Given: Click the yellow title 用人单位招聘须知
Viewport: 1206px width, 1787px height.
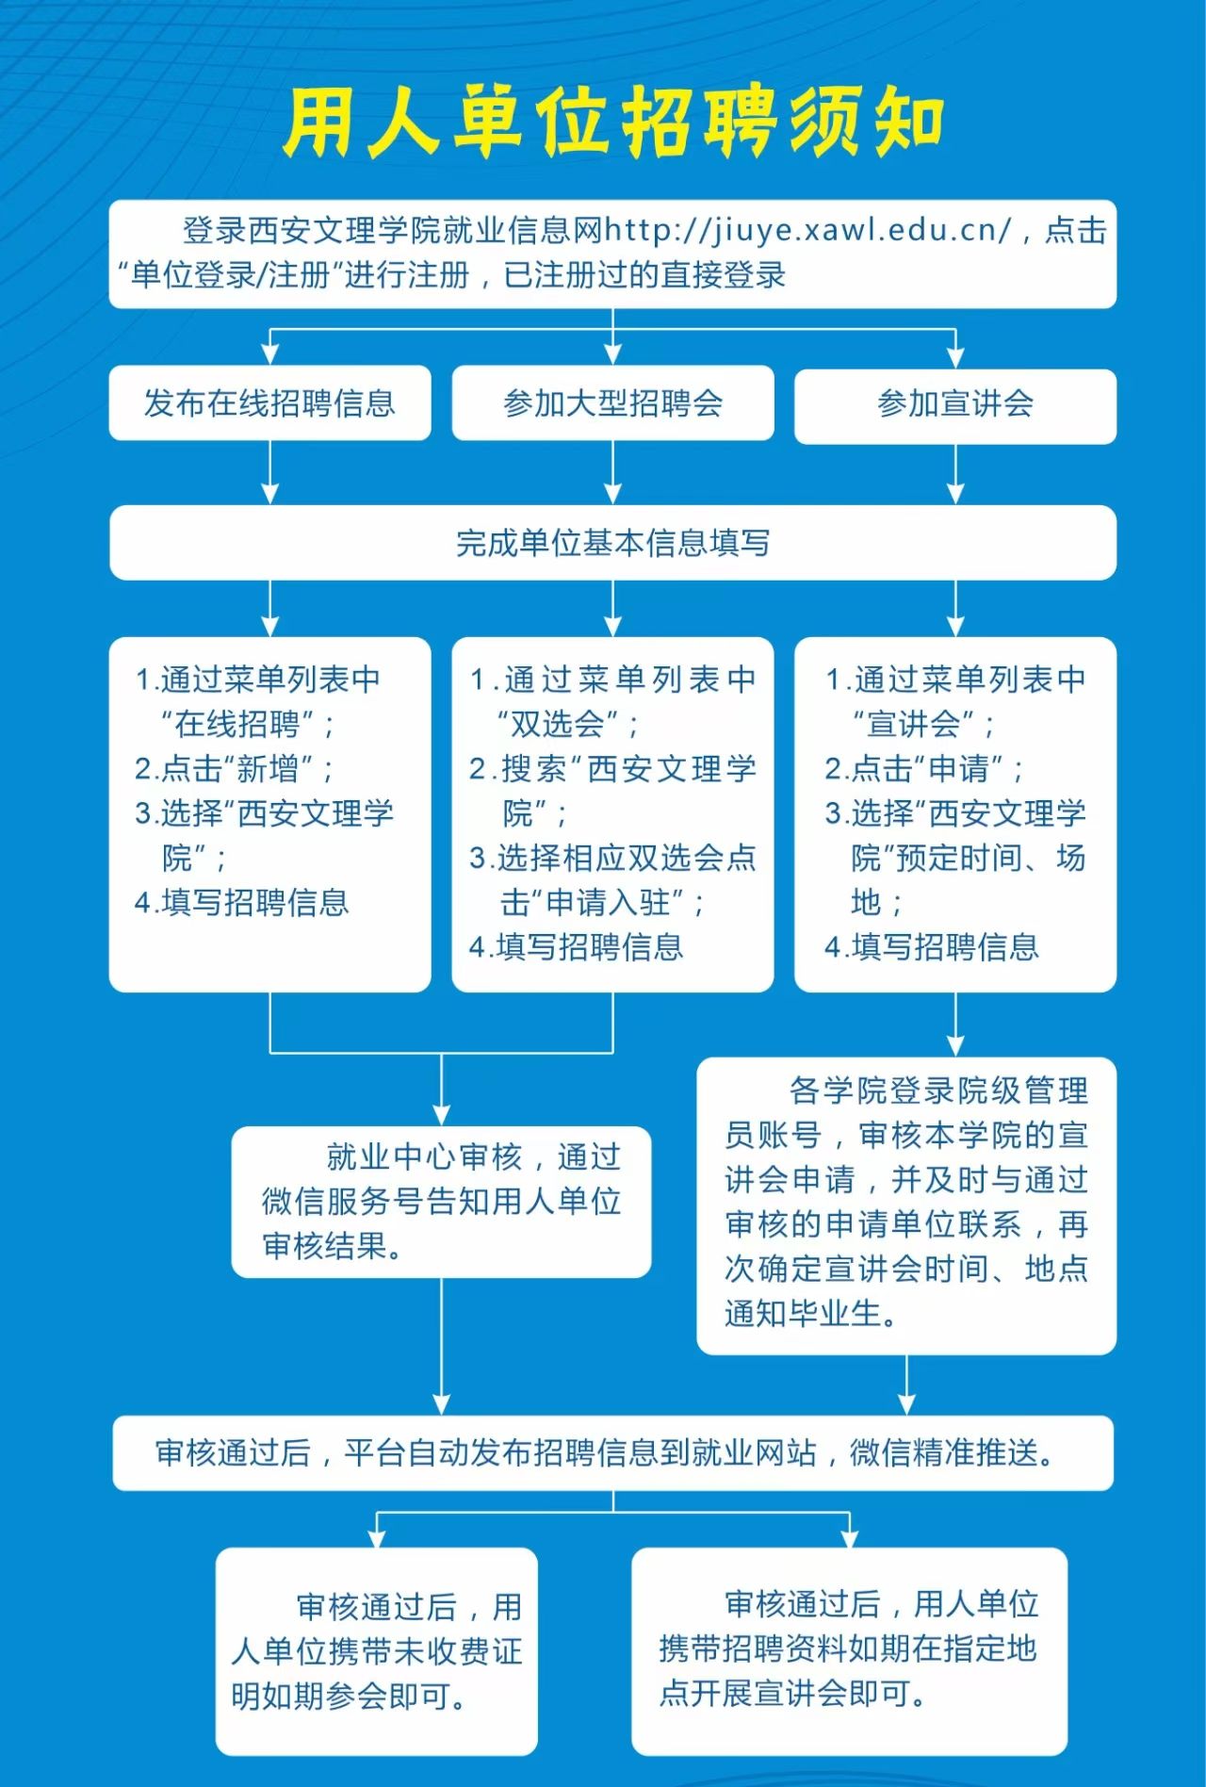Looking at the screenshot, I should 612,123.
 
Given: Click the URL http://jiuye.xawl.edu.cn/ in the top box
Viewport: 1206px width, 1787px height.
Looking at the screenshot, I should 807,230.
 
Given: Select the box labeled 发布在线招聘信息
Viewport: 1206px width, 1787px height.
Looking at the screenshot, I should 269,403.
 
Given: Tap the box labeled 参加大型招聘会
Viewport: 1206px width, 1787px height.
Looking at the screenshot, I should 612,403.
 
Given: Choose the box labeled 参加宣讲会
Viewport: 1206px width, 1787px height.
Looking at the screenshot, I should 954,404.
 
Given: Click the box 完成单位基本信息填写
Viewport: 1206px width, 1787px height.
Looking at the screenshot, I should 612,543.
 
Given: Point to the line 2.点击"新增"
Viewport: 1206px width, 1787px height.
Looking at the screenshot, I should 234,769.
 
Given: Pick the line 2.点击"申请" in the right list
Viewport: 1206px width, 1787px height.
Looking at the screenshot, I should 924,769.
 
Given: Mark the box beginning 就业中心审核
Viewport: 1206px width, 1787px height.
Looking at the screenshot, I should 441,1202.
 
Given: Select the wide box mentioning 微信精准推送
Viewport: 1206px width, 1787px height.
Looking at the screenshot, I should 612,1452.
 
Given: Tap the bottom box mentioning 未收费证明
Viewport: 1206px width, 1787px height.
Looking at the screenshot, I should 377,1650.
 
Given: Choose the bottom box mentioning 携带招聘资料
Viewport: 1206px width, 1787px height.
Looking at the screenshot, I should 849,1648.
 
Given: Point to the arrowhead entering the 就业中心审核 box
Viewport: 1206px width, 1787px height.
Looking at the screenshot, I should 442,1115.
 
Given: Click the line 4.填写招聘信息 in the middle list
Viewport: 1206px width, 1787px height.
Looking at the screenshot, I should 577,947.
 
